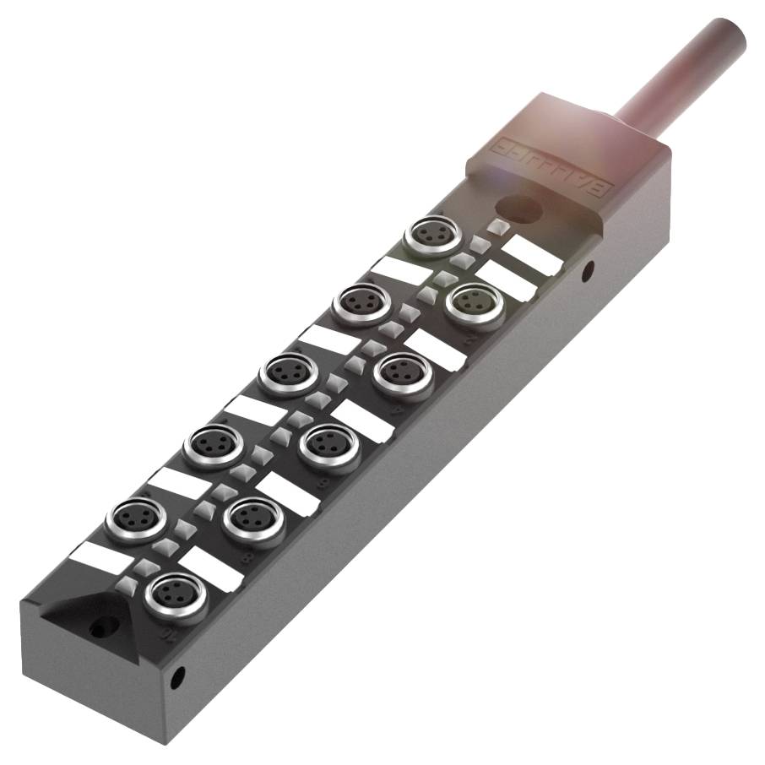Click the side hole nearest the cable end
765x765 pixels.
[588, 270]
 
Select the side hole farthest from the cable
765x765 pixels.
[178, 675]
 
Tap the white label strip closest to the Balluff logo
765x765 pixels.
[532, 254]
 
